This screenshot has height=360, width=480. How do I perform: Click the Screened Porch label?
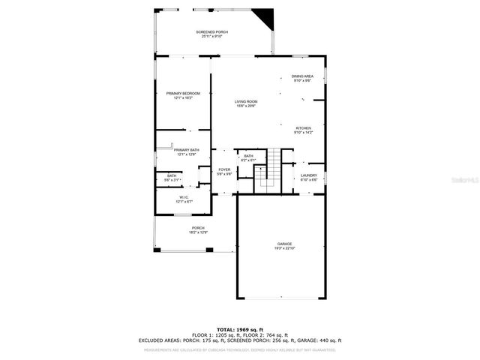pos(212,32)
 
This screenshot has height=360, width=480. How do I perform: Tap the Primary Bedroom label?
pos(183,93)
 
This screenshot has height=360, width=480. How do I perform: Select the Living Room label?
pos(245,101)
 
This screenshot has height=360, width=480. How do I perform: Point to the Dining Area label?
pos(302,76)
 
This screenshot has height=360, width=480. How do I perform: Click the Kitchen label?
pos(303,128)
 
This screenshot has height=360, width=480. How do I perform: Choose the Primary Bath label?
pos(187,150)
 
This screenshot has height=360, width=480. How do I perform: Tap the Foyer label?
pos(224,169)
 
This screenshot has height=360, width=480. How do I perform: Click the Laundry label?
pos(309,175)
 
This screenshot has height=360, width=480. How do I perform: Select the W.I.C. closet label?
pos(184,198)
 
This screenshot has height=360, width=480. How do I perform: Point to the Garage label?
pos(284,244)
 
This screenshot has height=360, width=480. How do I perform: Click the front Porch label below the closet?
pos(198,228)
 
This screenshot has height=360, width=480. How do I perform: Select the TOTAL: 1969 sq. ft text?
pos(240,329)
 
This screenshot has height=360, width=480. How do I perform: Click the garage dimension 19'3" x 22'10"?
pos(284,249)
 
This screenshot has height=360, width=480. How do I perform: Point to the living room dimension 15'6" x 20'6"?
pos(245,106)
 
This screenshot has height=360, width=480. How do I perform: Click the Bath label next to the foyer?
pos(248,155)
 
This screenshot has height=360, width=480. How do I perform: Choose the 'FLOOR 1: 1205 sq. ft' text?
pos(215,334)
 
